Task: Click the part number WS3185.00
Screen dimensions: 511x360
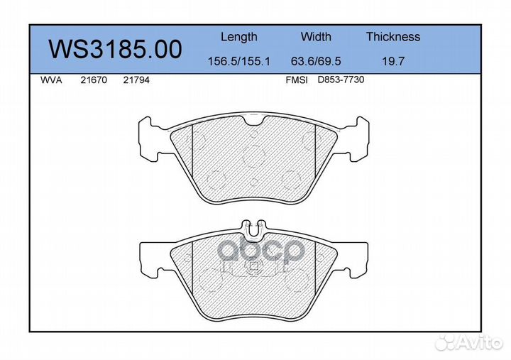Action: pos(115,49)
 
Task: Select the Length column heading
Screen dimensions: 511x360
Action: pos(239,37)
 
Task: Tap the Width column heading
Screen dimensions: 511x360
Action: pos(316,36)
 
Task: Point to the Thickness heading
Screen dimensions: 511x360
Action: pos(393,36)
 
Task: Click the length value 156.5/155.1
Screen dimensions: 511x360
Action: pos(239,61)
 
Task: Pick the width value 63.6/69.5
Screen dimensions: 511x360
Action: pos(316,61)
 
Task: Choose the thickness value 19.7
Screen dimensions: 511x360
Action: pos(393,61)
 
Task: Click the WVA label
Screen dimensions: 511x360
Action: pos(51,80)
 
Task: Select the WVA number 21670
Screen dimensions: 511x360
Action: pos(94,80)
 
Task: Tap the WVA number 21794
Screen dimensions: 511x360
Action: pos(136,80)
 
